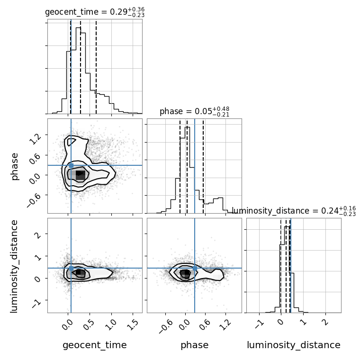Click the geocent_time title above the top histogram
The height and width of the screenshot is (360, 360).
point(94,12)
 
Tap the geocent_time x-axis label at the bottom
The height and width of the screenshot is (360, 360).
point(95,345)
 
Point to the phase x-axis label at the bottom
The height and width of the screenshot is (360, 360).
point(194,345)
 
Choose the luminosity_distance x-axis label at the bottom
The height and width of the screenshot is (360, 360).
point(294,345)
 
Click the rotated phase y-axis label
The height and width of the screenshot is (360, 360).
point(15,166)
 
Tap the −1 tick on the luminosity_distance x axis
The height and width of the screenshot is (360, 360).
point(259,324)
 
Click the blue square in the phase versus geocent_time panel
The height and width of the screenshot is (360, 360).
point(71,165)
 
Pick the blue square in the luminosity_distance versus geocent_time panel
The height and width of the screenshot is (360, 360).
point(71,268)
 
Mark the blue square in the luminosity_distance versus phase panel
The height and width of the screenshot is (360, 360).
point(195,268)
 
